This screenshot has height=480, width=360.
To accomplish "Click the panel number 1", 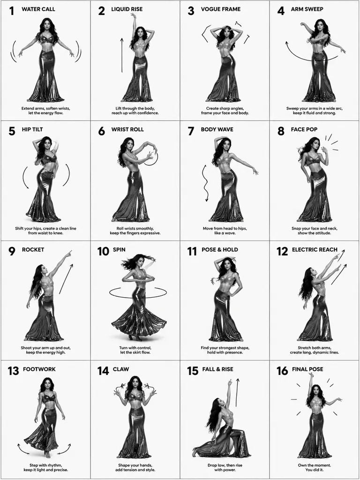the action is pos(12,11).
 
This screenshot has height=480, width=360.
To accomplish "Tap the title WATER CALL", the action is pos(38,9).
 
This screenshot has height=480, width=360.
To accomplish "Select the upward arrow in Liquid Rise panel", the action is pos(122,55).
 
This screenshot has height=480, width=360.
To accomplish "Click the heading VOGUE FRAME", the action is pos(221,9).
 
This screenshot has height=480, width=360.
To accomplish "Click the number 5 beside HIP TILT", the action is pos(12,131).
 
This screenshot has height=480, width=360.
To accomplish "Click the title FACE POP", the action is pos(304,129).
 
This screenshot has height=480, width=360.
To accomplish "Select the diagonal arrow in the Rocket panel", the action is pos(67,278).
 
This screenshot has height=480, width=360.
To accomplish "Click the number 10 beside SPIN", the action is pos(103,251).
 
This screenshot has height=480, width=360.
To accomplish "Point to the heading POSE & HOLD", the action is pos(220,249).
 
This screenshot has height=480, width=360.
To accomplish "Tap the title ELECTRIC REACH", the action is pos(315,249).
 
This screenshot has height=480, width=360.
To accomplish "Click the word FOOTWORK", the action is pos(39,369).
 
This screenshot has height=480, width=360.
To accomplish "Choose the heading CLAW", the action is pos(121,369).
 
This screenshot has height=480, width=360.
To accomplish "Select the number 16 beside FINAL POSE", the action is pos(282,371).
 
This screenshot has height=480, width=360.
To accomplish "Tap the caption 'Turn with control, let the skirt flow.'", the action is pos(135,350).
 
